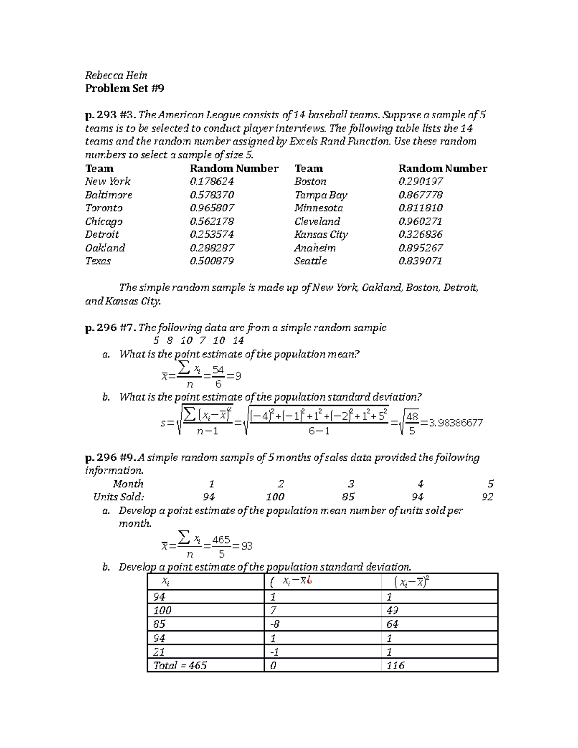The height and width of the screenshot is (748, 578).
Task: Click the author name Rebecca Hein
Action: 116,75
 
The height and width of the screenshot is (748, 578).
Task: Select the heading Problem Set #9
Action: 125,88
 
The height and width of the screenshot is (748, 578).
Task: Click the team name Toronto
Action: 104,208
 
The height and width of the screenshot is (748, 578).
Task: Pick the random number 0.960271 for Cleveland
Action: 420,222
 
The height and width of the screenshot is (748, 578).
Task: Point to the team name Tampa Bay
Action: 321,195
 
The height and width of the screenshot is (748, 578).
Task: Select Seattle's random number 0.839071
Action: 420,261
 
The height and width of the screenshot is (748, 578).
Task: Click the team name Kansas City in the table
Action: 321,235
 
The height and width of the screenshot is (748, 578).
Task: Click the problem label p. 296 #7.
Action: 110,328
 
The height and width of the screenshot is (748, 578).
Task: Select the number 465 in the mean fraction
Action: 222,539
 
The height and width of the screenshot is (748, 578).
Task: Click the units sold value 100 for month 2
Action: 275,497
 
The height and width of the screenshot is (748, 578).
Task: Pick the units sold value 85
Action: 348,497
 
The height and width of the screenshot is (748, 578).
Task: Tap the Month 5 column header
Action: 490,484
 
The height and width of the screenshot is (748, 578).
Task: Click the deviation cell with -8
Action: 275,624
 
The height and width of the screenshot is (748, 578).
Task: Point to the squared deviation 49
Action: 393,610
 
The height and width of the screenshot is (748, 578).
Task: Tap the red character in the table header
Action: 309,581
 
